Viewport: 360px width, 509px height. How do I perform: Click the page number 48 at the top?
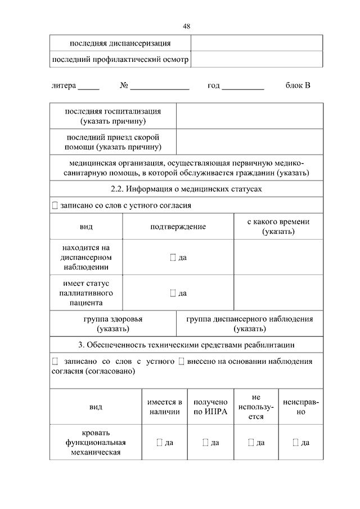click(186, 26)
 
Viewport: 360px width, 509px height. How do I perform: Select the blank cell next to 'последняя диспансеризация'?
click(256, 43)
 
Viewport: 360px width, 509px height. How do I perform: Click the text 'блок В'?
click(298, 85)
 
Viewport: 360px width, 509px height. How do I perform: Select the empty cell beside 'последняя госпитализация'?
click(250, 116)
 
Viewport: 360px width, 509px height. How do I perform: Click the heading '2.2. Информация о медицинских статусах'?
click(186, 190)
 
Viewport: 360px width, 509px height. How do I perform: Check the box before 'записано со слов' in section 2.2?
click(55, 206)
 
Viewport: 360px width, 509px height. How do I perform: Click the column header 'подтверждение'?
click(178, 227)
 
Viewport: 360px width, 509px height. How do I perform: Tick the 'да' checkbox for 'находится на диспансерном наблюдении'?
click(173, 258)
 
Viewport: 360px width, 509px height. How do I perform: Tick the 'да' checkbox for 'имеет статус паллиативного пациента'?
click(173, 293)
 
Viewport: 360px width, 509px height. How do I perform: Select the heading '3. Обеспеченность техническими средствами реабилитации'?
click(186, 344)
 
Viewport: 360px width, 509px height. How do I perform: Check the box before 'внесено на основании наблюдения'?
click(181, 362)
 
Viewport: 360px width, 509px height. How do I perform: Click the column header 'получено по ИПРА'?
click(210, 407)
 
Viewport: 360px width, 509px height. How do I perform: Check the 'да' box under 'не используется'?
click(251, 443)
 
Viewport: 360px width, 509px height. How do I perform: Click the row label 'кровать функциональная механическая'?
click(94, 442)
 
